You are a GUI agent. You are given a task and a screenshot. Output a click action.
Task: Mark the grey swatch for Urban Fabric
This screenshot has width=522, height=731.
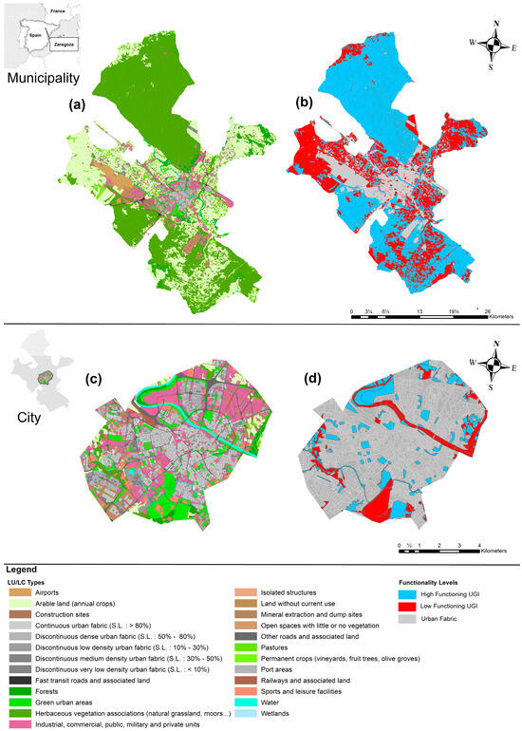(x=384, y=618)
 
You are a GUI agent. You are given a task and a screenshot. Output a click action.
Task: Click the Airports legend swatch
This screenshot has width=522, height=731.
(x=20, y=592)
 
